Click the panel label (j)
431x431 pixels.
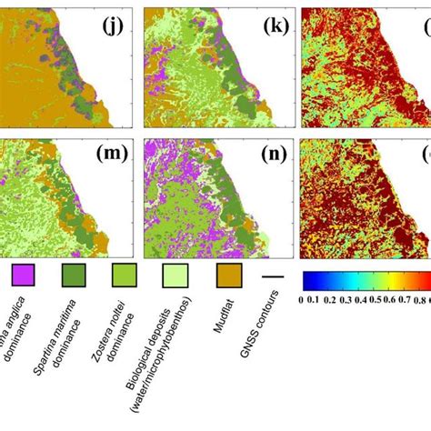pos(115,25)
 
